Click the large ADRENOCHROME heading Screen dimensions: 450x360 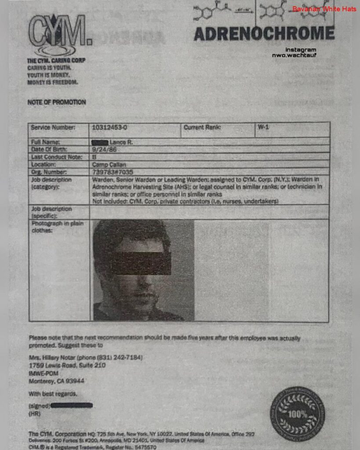(x=264, y=34)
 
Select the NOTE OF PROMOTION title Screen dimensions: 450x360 (x=57, y=102)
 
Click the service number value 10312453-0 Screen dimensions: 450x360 (x=110, y=127)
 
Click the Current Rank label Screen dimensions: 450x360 (x=202, y=127)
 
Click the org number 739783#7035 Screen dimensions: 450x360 (x=113, y=172)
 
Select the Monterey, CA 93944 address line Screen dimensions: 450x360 (x=57, y=381)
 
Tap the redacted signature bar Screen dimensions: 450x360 (x=71, y=405)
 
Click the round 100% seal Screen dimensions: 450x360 (x=298, y=414)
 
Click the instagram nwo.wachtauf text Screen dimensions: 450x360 (x=301, y=52)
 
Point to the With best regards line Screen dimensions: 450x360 (x=53, y=394)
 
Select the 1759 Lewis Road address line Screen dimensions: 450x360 (x=67, y=366)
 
